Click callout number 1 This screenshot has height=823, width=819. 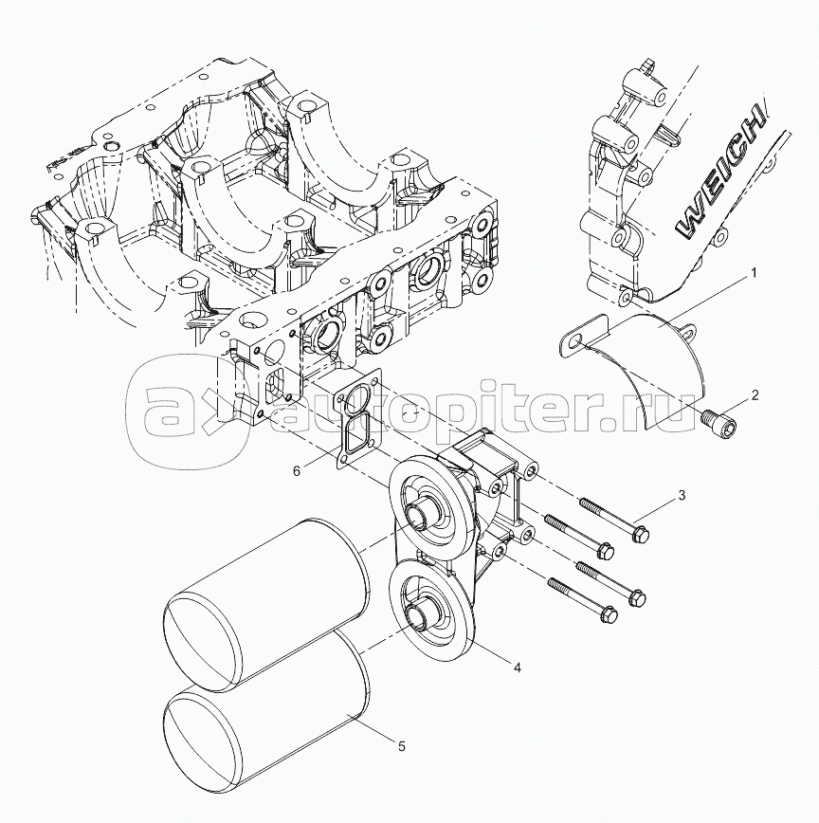pyautogui.click(x=754, y=273)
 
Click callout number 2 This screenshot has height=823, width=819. pyautogui.click(x=754, y=395)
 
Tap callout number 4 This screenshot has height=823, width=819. pyautogui.click(x=517, y=668)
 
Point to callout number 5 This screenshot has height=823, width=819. pyautogui.click(x=402, y=746)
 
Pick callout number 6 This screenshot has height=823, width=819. pyautogui.click(x=297, y=471)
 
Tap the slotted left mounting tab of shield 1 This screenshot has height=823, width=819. pyautogui.click(x=581, y=341)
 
